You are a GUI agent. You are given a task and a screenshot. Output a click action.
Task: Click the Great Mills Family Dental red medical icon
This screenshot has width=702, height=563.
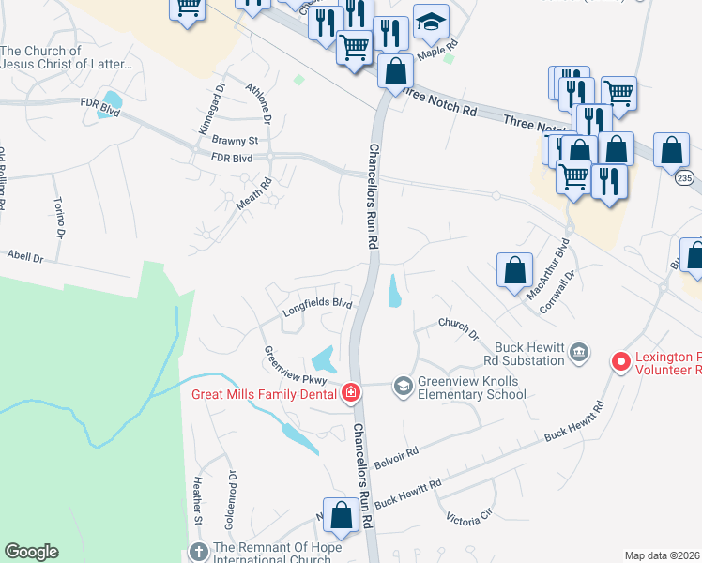pyautogui.click(x=350, y=392)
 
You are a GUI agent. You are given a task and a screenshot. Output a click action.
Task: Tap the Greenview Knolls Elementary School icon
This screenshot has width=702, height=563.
pyautogui.click(x=403, y=386)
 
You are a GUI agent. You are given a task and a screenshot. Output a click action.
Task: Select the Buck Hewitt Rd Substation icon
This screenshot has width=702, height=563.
pyautogui.click(x=579, y=352)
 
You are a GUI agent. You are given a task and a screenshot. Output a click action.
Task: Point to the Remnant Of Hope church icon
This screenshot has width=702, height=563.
pyautogui.click(x=197, y=551)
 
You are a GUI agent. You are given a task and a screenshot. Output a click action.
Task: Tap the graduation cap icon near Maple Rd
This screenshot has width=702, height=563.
pyautogui.click(x=431, y=23)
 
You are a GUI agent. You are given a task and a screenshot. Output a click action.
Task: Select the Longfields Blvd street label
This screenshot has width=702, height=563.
pyautogui.click(x=318, y=304)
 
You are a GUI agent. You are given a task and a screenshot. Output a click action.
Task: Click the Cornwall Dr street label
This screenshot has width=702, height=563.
pyautogui.click(x=556, y=296)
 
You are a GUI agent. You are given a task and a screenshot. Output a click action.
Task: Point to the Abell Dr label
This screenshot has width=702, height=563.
pyautogui.click(x=25, y=254)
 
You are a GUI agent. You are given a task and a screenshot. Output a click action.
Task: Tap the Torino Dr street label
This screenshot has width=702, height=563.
pyautogui.click(x=59, y=217)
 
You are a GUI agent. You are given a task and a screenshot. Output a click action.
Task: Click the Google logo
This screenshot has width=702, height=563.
pyautogui.click(x=31, y=552)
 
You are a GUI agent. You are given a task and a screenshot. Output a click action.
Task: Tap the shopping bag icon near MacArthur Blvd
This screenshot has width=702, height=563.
pyautogui.click(x=514, y=271)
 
